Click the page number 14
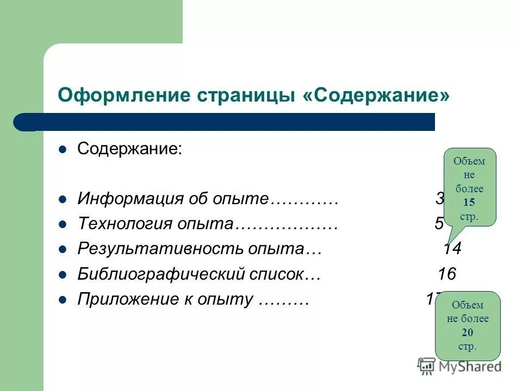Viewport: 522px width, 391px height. pos(452,249)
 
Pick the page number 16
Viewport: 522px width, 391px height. pos(447,274)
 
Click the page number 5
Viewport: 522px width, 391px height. pos(439,224)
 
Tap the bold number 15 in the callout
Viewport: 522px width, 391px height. pos(469,203)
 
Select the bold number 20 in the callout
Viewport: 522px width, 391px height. pos(467,333)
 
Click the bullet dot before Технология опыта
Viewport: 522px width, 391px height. pos(62,224)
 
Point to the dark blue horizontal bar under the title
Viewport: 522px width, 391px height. pos(228,122)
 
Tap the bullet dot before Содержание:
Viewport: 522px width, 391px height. pos(62,149)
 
